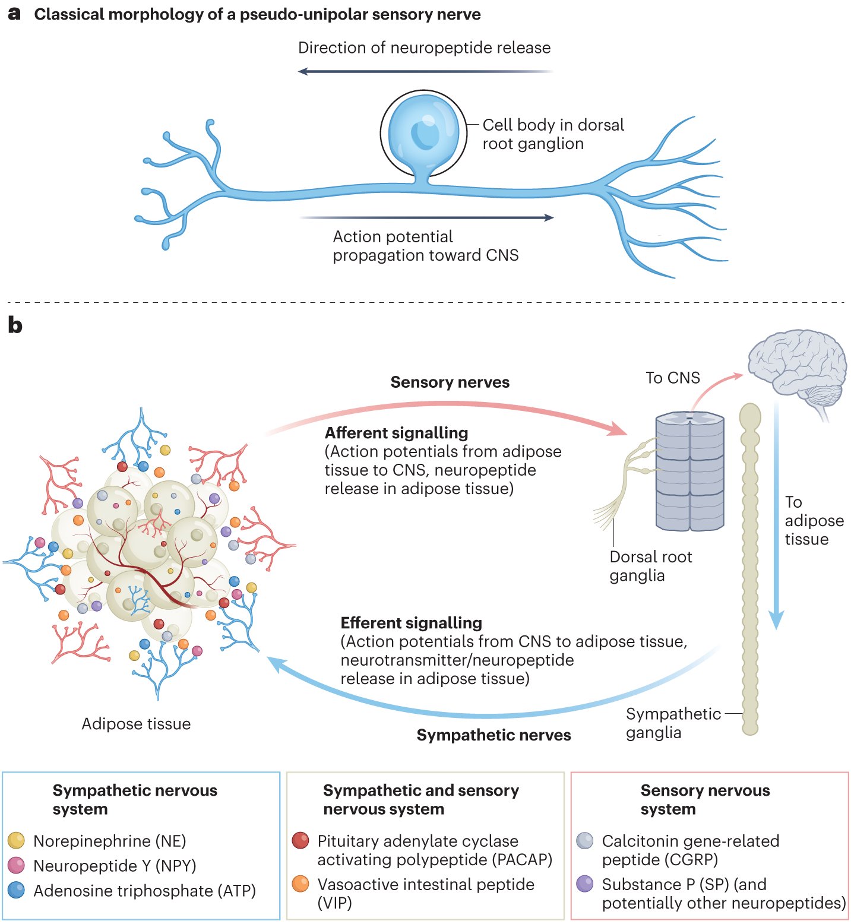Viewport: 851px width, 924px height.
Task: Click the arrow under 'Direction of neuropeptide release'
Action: pyautogui.click(x=425, y=71)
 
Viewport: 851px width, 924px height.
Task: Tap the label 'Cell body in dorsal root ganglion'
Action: pyautogui.click(x=552, y=134)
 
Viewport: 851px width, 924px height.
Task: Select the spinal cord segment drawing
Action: pyautogui.click(x=689, y=472)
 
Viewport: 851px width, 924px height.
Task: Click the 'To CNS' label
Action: pyautogui.click(x=672, y=378)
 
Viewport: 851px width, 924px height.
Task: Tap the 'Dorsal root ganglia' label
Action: pyautogui.click(x=650, y=566)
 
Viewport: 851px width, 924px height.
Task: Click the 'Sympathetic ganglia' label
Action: pyautogui.click(x=673, y=723)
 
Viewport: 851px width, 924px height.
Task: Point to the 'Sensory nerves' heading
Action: pyautogui.click(x=450, y=382)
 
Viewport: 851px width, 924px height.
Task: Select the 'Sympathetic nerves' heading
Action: pyautogui.click(x=493, y=735)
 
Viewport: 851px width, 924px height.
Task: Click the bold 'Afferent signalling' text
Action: pyautogui.click(x=396, y=433)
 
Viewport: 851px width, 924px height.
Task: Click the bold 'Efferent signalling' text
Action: pyautogui.click(x=411, y=623)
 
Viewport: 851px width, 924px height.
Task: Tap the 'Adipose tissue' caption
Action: pyautogui.click(x=136, y=724)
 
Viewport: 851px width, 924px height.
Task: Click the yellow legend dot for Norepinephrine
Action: pyautogui.click(x=16, y=840)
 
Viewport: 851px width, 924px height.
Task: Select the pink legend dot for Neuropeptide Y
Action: pyautogui.click(x=16, y=865)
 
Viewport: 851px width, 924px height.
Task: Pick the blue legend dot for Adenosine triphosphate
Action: pyautogui.click(x=16, y=890)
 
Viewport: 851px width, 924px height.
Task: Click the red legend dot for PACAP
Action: pyautogui.click(x=300, y=840)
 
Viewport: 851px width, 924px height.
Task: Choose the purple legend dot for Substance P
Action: pyautogui.click(x=585, y=884)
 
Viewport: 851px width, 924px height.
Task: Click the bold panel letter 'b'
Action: pyautogui.click(x=15, y=325)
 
